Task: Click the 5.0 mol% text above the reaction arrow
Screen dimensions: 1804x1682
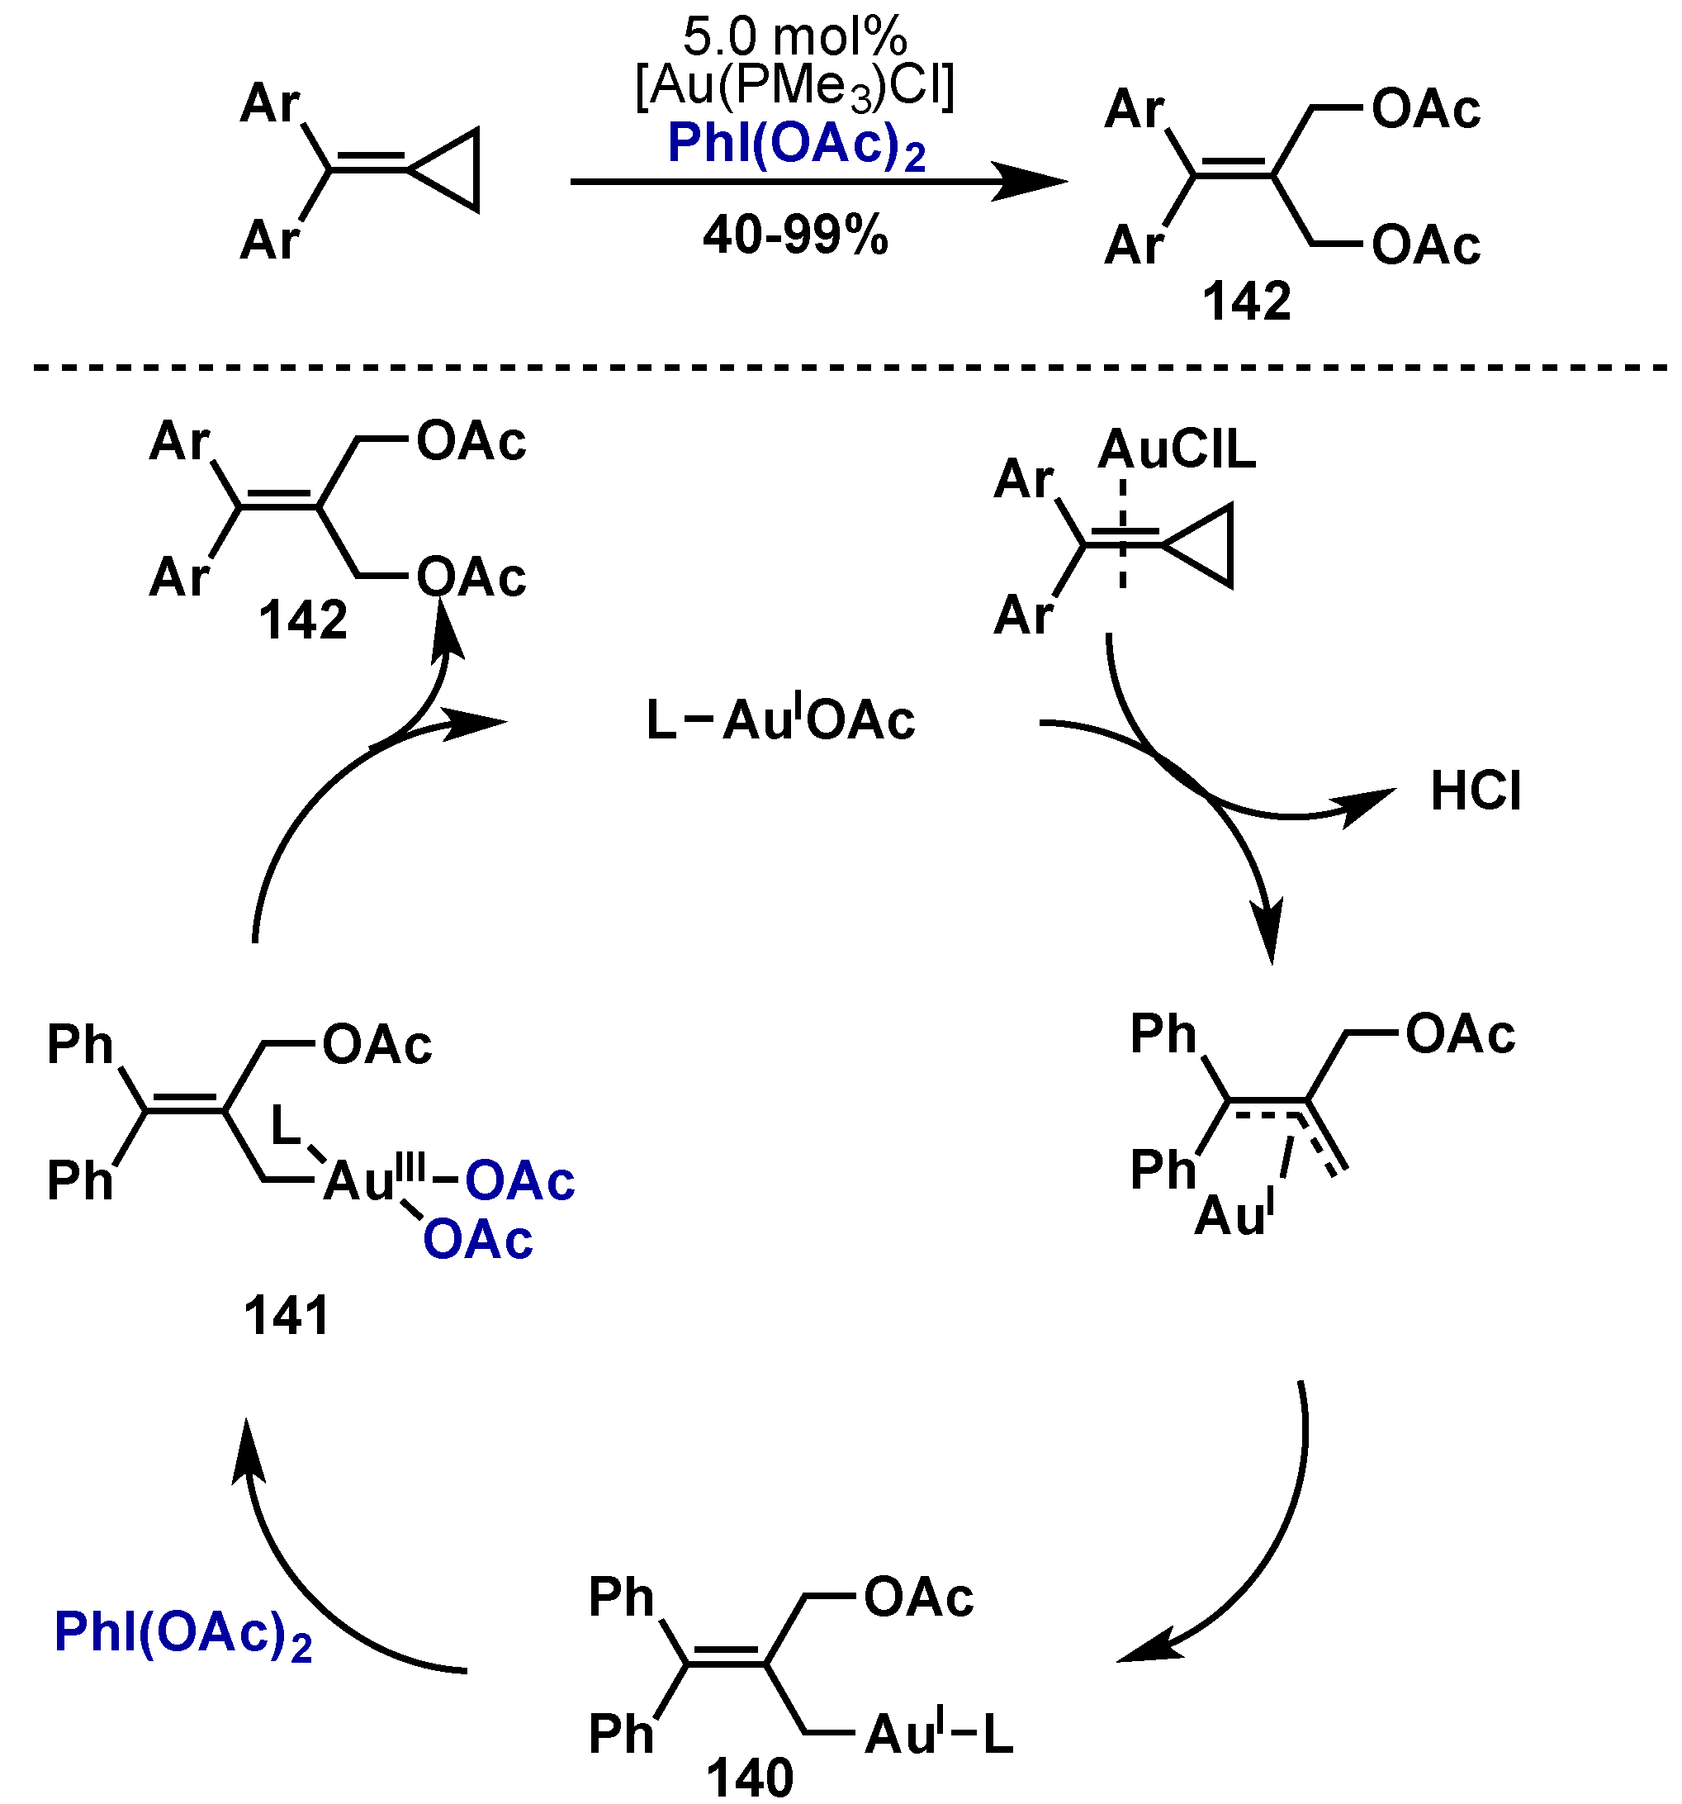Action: pos(794,38)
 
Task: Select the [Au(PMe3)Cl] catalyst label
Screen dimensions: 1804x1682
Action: pos(794,88)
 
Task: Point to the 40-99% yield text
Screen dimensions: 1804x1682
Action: pos(794,236)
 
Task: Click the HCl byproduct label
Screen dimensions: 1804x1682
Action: pos(1475,791)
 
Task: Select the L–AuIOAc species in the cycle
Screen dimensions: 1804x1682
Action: pos(780,721)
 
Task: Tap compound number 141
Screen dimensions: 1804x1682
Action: pos(286,1316)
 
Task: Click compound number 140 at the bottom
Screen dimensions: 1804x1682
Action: pos(750,1777)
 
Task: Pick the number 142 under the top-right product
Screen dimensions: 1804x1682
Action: pos(1246,302)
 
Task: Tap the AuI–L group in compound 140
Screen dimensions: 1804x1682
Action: pos(937,1735)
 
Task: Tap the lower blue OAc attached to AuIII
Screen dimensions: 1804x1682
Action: pos(477,1241)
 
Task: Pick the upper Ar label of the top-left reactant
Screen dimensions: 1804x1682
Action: pos(269,104)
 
